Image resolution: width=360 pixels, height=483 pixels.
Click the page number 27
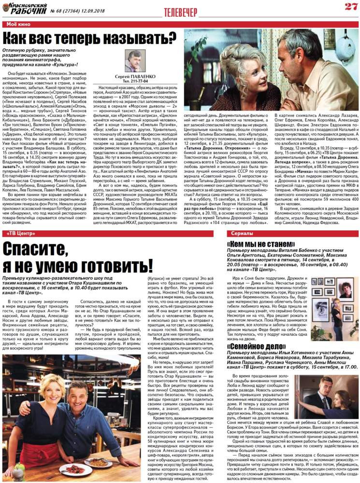(350, 6)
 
